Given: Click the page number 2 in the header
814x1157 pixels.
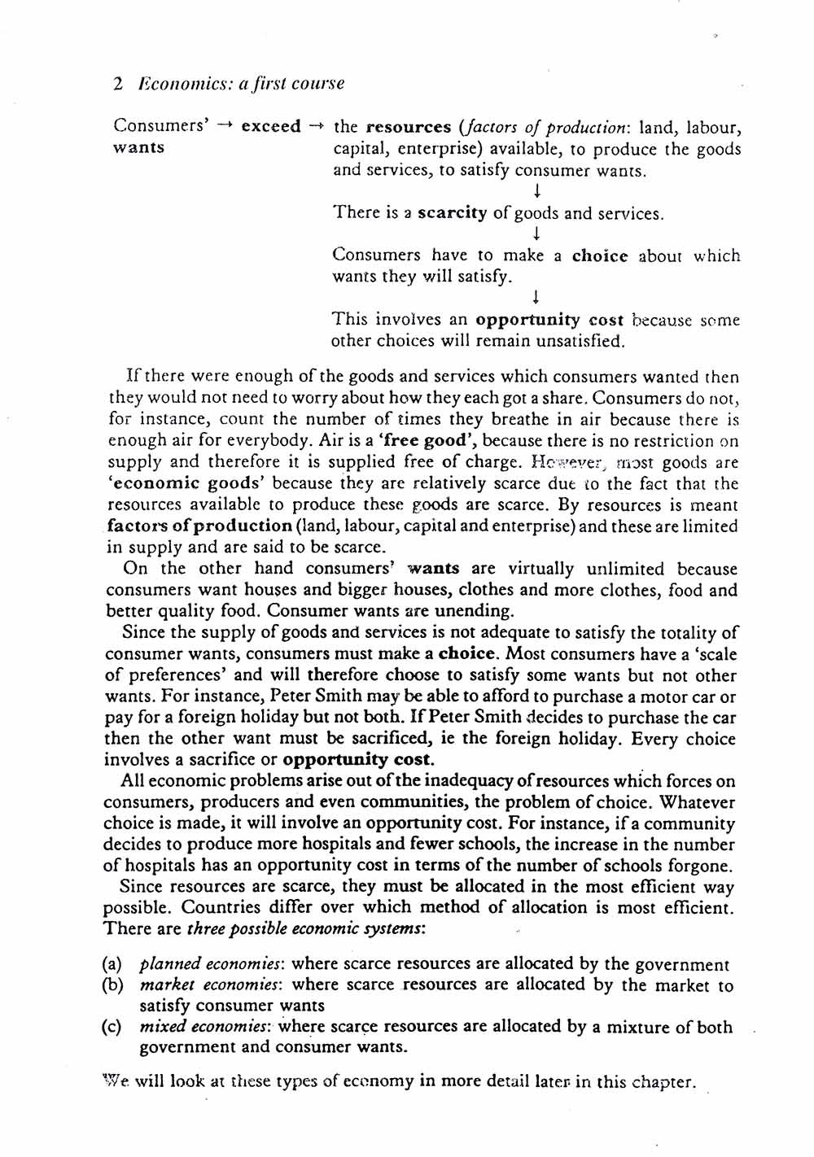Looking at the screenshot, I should [119, 84].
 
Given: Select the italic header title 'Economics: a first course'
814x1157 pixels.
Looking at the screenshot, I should [242, 84].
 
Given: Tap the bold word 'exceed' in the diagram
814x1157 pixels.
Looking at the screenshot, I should [271, 127].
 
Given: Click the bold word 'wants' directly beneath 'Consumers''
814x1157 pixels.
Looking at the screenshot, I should [138, 148].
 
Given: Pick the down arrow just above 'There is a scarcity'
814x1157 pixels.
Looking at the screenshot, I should [537, 192].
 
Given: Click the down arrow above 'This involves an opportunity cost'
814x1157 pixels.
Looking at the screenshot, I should [537, 298].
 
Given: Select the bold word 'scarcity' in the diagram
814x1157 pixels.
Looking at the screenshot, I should [452, 214].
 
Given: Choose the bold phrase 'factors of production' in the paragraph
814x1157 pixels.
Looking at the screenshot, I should [199, 526].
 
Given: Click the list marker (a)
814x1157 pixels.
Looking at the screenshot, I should [112, 965].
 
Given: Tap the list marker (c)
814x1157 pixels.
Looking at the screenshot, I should [112, 1028].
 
